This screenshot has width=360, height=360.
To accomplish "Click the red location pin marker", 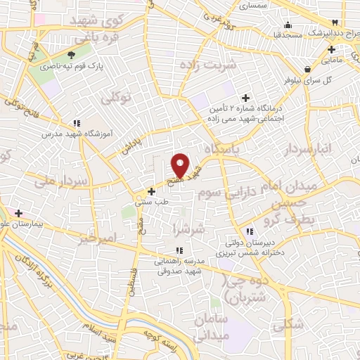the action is click(x=180, y=165).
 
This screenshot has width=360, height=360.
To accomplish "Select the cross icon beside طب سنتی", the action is click(x=151, y=191).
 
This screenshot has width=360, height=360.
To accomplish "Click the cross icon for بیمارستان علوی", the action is click(x=18, y=212).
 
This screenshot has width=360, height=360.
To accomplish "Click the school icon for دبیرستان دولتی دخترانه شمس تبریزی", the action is click(x=248, y=231).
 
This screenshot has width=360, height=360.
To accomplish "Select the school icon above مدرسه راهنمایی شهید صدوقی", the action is click(x=179, y=250).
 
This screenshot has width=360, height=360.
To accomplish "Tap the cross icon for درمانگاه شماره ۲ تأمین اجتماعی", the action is click(x=245, y=98).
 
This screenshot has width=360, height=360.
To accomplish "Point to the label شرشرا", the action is click(x=191, y=229).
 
